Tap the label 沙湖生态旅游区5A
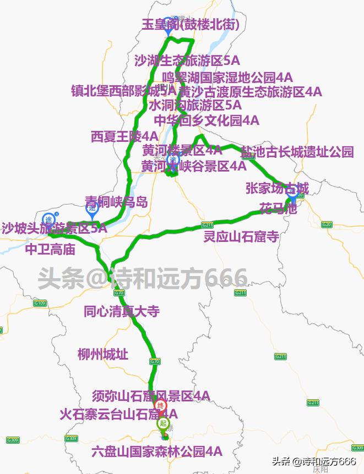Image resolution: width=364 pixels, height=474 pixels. click(x=187, y=60)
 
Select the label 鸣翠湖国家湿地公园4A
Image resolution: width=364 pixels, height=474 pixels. click(x=227, y=77)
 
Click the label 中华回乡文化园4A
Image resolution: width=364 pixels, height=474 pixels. click(x=206, y=120)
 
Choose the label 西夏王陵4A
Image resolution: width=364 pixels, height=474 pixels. click(x=125, y=136)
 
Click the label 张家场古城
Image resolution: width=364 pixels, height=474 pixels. click(x=277, y=189)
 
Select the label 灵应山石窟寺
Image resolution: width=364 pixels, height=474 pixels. click(x=241, y=236)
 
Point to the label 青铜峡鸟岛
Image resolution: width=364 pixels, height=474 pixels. click(x=116, y=202)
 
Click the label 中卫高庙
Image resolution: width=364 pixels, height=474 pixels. click(x=50, y=250)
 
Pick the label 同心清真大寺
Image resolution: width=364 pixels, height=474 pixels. click(x=122, y=311)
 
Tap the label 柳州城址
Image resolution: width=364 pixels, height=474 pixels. click(x=103, y=354)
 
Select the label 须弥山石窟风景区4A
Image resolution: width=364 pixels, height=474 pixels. click(x=151, y=395)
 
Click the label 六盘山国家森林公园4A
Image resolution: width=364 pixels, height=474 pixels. click(x=157, y=452)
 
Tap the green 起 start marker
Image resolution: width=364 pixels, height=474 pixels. click(x=163, y=423)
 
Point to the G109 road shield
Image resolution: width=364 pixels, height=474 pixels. click(x=40, y=303)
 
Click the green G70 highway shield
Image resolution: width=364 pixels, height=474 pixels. click(x=154, y=361)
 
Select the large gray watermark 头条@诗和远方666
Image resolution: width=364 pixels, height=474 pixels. click(x=143, y=279)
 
